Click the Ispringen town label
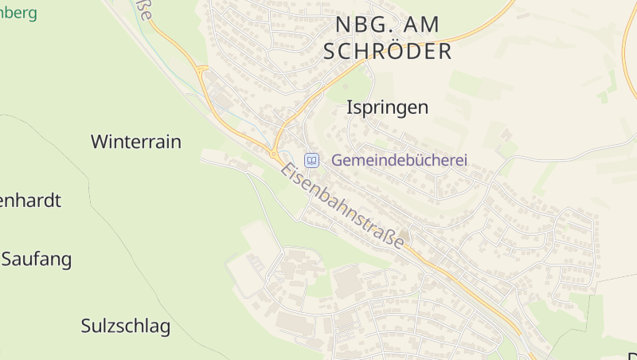(x=388, y=108)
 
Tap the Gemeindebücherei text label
(x=399, y=160)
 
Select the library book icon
(x=312, y=160)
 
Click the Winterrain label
(x=136, y=143)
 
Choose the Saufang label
(x=37, y=259)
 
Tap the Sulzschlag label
(x=126, y=326)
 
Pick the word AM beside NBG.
(x=417, y=25)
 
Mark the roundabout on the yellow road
(x=274, y=153)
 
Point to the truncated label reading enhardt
(x=30, y=200)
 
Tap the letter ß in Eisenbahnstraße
(x=385, y=234)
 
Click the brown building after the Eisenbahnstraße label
(x=404, y=235)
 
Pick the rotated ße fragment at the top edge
(x=144, y=10)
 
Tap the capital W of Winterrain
(x=100, y=143)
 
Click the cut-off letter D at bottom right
(x=632, y=356)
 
